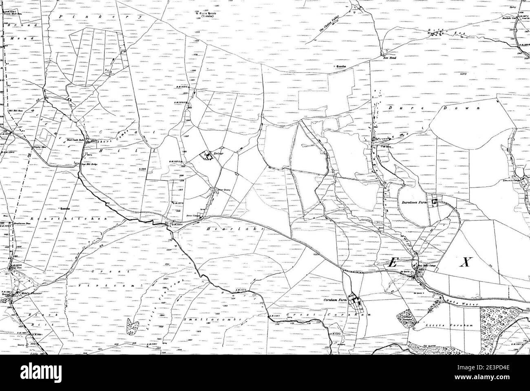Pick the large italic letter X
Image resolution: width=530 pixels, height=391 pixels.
[x=464, y=262]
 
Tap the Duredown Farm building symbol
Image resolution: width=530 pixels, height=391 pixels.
[x=435, y=201]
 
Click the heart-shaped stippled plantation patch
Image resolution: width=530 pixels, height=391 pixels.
[x=132, y=327]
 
